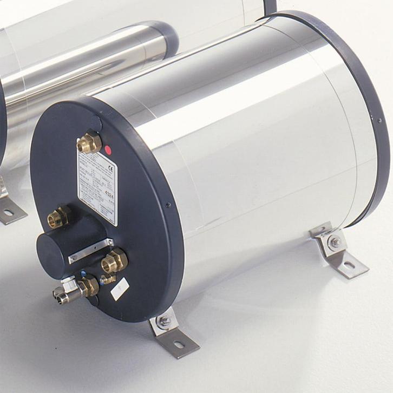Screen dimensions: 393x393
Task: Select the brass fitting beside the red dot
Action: [x=89, y=143]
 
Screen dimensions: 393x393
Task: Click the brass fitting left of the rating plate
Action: [x=58, y=217]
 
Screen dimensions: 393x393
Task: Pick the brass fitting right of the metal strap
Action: [x=115, y=261]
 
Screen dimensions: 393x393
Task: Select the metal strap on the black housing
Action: [x=90, y=251]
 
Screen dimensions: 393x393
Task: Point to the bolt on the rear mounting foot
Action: [x=335, y=242]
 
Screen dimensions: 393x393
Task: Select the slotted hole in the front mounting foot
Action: [x=179, y=344]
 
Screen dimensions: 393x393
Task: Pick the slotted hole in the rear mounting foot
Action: [x=349, y=265]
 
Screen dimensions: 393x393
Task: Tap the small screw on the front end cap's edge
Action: [x=168, y=205]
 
